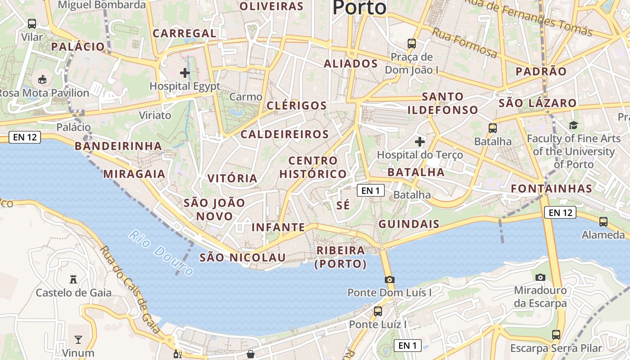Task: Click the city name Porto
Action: [359, 7]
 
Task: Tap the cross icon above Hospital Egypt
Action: [185, 72]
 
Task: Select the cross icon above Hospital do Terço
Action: [420, 142]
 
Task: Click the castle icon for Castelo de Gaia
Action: [73, 279]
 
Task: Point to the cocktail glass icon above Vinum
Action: [78, 339]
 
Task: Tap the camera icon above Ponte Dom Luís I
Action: [390, 279]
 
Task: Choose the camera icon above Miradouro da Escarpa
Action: [540, 277]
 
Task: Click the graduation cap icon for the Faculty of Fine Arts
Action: [573, 125]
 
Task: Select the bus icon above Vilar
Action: [32, 24]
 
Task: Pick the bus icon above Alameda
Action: [603, 221]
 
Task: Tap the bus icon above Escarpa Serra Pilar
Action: [556, 335]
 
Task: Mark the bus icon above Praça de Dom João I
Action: [412, 44]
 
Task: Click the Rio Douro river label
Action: [161, 253]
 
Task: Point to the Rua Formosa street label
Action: [465, 42]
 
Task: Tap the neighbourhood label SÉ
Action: [343, 205]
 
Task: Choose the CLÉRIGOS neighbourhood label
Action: [297, 106]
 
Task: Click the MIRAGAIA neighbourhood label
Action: [134, 174]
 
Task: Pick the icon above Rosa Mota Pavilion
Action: [42, 79]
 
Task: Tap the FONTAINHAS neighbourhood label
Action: [551, 189]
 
